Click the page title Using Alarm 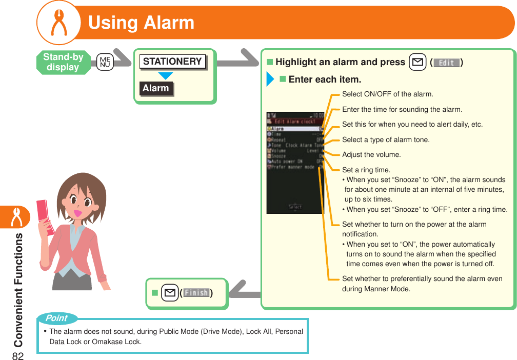point(142,23)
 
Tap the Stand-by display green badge point(63,63)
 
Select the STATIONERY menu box point(172,62)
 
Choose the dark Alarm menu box point(156,88)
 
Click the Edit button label point(446,63)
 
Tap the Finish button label point(196,293)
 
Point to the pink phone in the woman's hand point(45,217)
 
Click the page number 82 point(18,350)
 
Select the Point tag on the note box point(56,318)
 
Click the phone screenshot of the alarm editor point(295,162)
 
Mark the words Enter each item point(325,80)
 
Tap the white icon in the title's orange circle point(58,23)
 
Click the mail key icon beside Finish point(168,293)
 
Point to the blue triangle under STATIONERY point(165,76)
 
